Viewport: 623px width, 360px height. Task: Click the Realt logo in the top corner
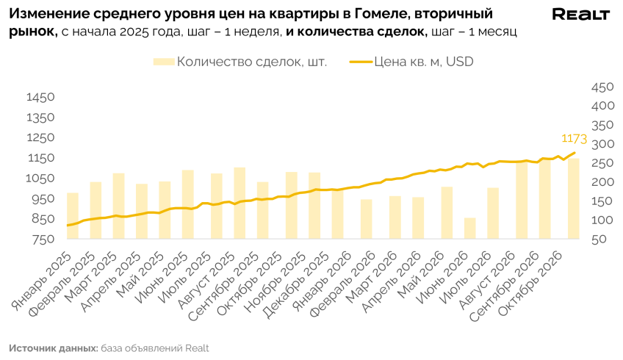580,15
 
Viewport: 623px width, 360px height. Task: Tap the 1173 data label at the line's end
574,139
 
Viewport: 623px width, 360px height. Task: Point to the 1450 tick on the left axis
40,98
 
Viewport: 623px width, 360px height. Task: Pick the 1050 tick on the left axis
40,178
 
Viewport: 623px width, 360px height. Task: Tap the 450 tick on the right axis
602,87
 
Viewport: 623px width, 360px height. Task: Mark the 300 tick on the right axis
602,144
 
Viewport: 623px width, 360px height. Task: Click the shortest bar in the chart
470,228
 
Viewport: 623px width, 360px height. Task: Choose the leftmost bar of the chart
73,216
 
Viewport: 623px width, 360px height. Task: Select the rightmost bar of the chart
573,198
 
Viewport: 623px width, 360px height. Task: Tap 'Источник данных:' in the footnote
54,348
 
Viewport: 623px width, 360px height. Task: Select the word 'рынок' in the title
33,32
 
